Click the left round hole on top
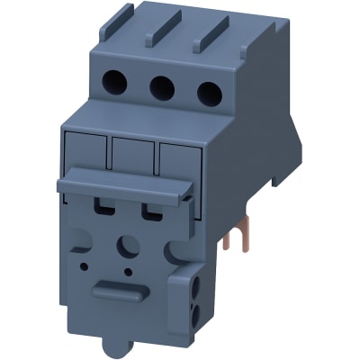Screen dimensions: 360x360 pos(117,84)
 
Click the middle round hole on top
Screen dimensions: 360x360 pos(162,87)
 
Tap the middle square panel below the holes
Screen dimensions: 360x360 pos(133,156)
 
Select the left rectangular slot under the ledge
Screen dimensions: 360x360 pos(104,209)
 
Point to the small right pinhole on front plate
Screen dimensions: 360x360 pos(132,271)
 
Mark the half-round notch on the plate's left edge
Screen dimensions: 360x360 pos(76,239)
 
